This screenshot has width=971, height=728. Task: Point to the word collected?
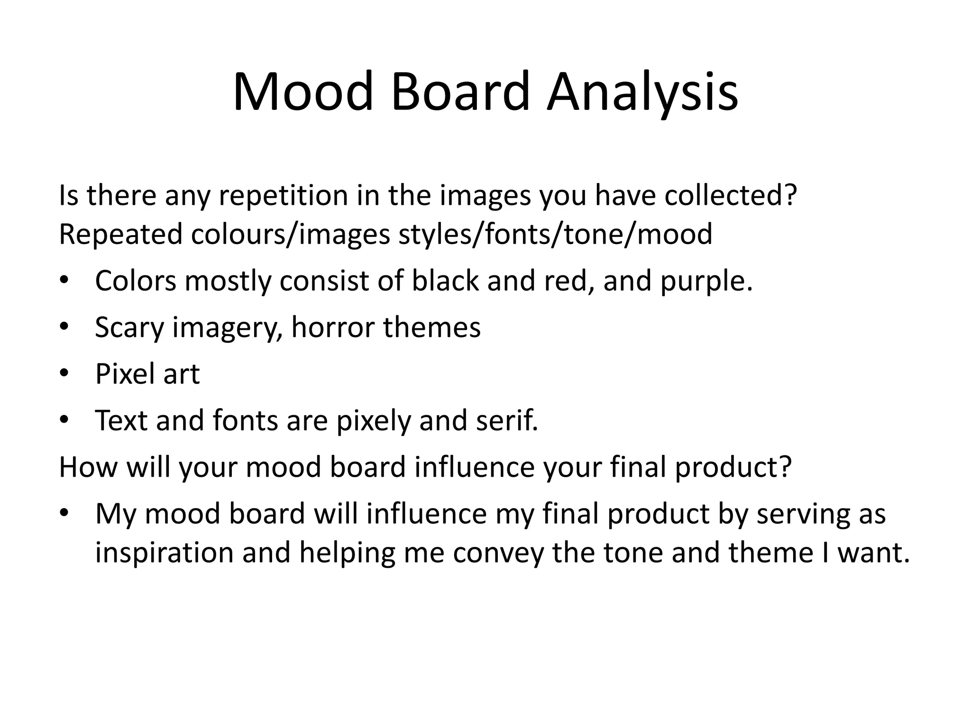[731, 195]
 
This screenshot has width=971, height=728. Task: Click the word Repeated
[120, 234]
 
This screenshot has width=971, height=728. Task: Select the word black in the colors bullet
[445, 281]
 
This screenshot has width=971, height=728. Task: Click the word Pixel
[125, 373]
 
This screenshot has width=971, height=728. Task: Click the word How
[88, 466]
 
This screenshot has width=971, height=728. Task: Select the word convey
[498, 553]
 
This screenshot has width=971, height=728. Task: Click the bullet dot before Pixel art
[64, 373]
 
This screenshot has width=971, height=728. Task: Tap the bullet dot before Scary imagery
[64, 327]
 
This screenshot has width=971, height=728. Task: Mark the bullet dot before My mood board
[64, 513]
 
